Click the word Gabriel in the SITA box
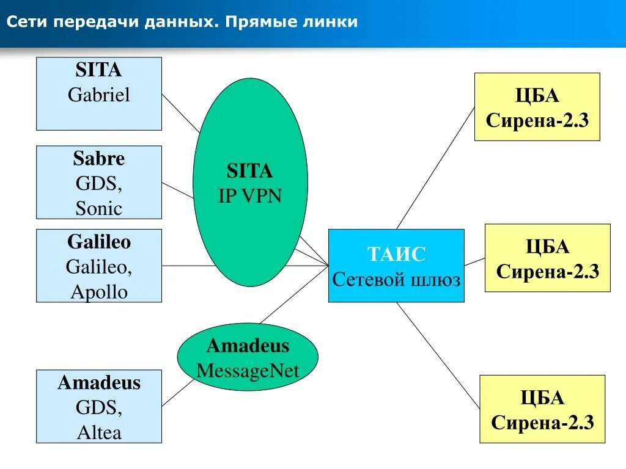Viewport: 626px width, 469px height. (99, 95)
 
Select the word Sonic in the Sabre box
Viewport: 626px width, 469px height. (99, 208)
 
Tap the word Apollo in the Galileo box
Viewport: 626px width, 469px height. (99, 292)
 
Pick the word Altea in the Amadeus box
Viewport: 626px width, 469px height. (99, 432)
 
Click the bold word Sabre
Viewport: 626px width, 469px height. (99, 159)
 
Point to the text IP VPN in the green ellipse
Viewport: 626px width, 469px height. (250, 195)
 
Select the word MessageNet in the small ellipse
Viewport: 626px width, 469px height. (248, 371)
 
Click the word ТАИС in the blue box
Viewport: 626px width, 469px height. (396, 254)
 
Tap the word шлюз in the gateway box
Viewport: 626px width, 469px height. (436, 280)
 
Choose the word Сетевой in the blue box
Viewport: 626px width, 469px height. (369, 280)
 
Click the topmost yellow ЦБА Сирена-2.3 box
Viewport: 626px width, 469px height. (537, 107)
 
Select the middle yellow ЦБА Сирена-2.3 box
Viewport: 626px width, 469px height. (547, 258)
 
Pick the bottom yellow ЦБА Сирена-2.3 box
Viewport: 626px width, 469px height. (542, 409)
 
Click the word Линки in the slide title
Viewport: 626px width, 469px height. (333, 22)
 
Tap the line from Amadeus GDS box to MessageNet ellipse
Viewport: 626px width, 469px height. (178, 393)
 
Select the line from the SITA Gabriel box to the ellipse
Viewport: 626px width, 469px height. (180, 112)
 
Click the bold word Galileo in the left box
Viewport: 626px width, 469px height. (99, 242)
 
